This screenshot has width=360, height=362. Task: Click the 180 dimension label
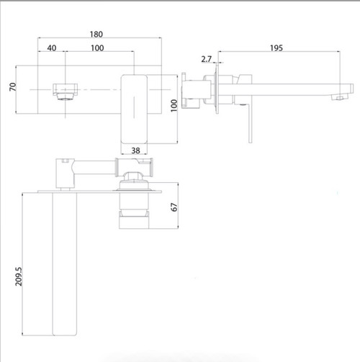pos(96,33)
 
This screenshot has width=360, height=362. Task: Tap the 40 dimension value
pos(52,47)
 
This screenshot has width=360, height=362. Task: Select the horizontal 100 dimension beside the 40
pos(97,47)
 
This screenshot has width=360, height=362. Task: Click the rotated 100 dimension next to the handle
pos(173,107)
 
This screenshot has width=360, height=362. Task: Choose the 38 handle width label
pos(135,150)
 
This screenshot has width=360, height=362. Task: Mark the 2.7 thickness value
pos(207,59)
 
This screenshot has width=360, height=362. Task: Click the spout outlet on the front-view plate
pos(63,90)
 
